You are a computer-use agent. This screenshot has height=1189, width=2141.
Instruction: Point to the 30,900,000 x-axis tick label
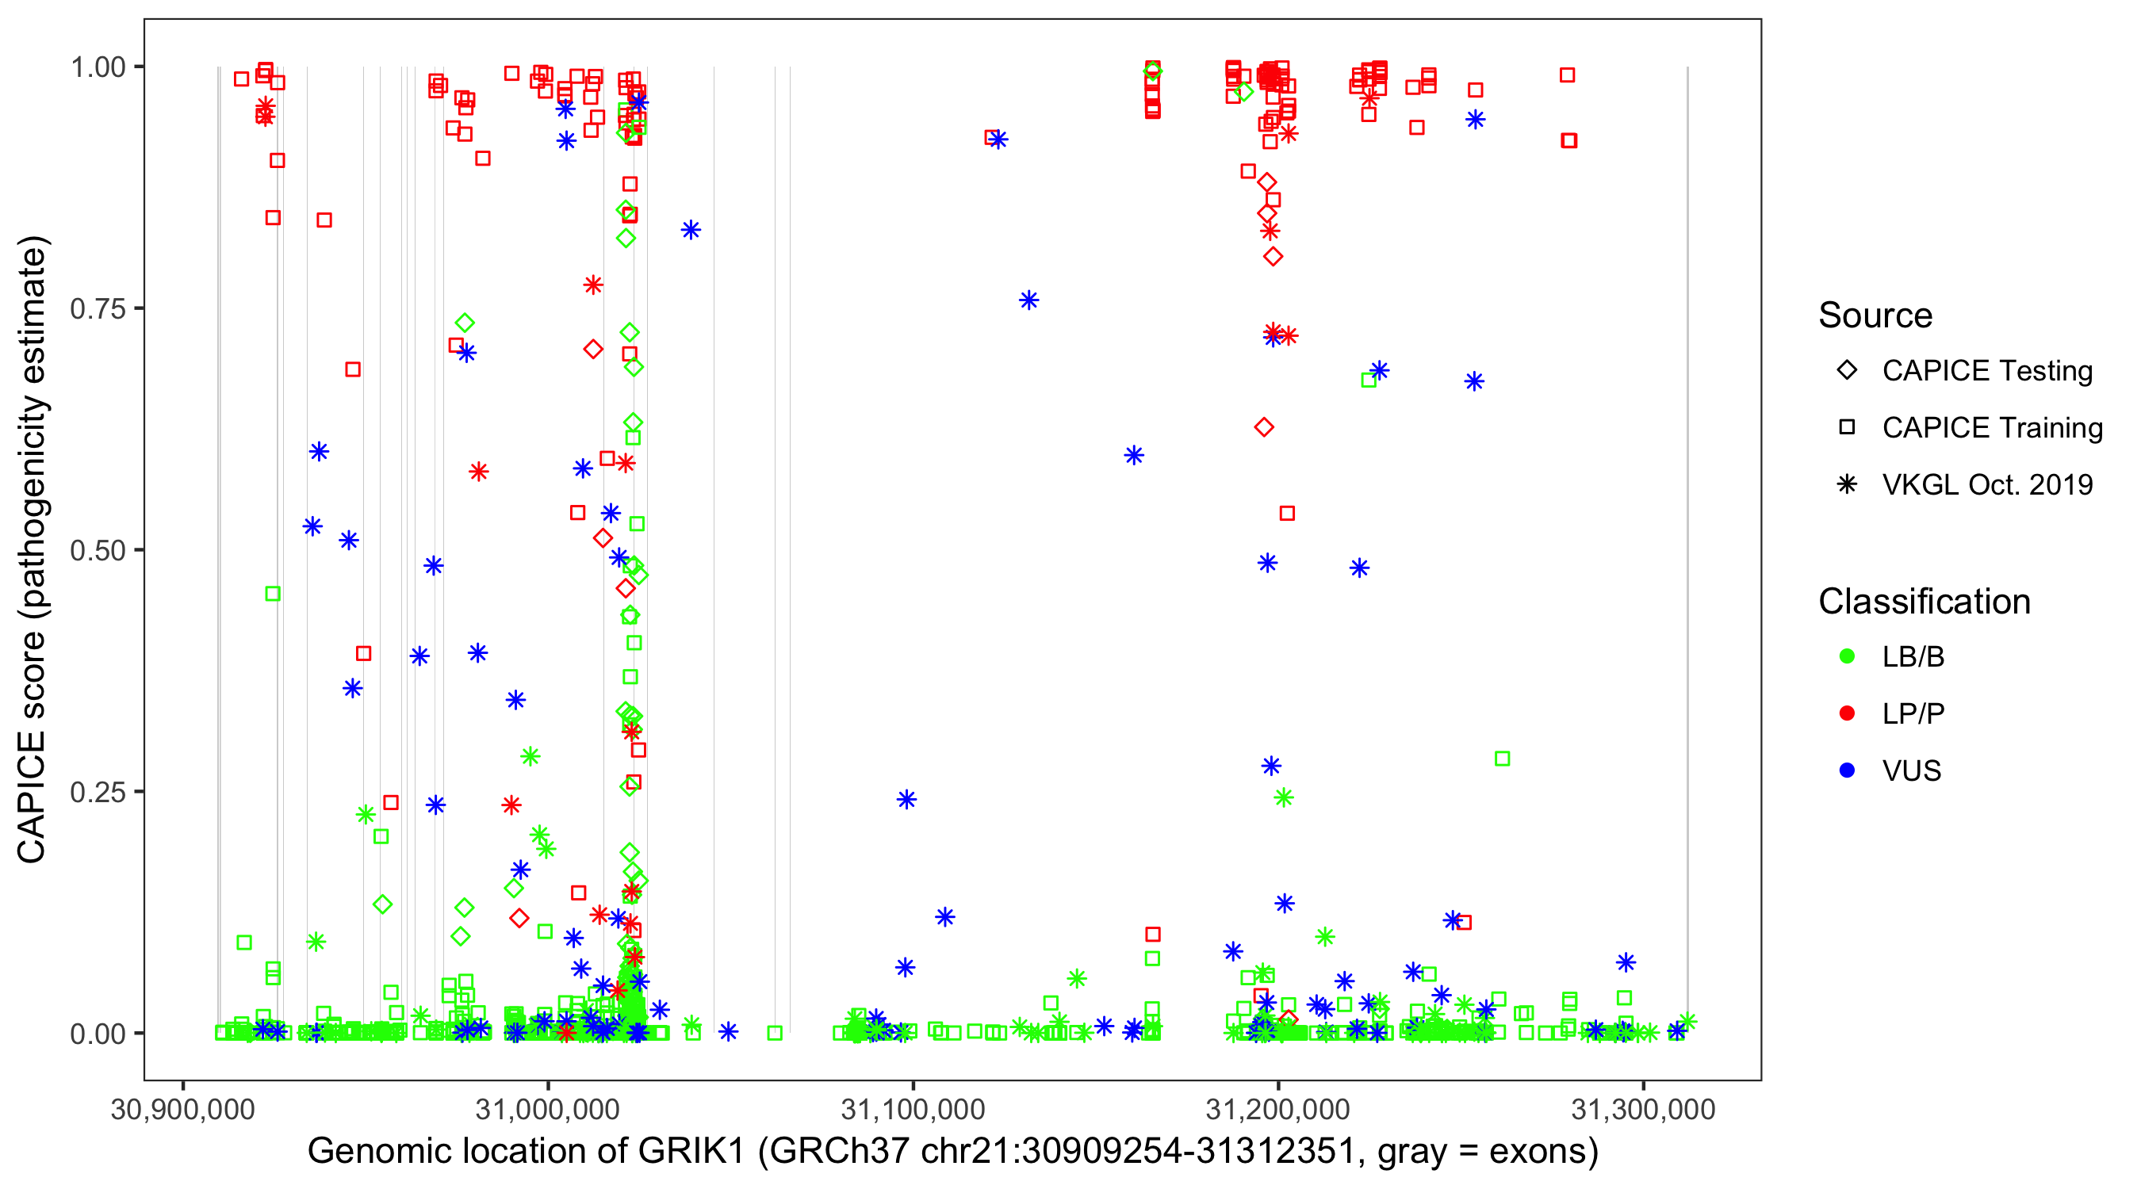point(182,1109)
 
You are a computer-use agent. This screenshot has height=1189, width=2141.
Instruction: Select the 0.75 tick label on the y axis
point(97,309)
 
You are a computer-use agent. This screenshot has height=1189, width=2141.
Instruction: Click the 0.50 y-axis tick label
point(97,550)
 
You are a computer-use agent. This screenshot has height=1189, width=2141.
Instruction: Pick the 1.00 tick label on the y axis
point(97,67)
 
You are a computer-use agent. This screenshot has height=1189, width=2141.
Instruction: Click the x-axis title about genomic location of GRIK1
point(952,1152)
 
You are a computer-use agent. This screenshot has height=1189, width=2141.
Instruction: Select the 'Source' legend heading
point(1875,315)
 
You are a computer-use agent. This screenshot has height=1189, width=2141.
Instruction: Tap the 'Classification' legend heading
point(1924,602)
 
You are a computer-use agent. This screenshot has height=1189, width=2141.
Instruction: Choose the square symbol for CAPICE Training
point(1847,428)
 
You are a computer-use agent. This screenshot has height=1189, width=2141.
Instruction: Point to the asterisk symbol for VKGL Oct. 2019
point(1847,484)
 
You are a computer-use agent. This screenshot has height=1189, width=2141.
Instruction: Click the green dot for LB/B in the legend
point(1847,656)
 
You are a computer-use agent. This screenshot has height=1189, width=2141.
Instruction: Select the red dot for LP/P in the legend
point(1847,713)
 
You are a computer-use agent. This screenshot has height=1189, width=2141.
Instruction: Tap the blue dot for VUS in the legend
point(1847,770)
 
